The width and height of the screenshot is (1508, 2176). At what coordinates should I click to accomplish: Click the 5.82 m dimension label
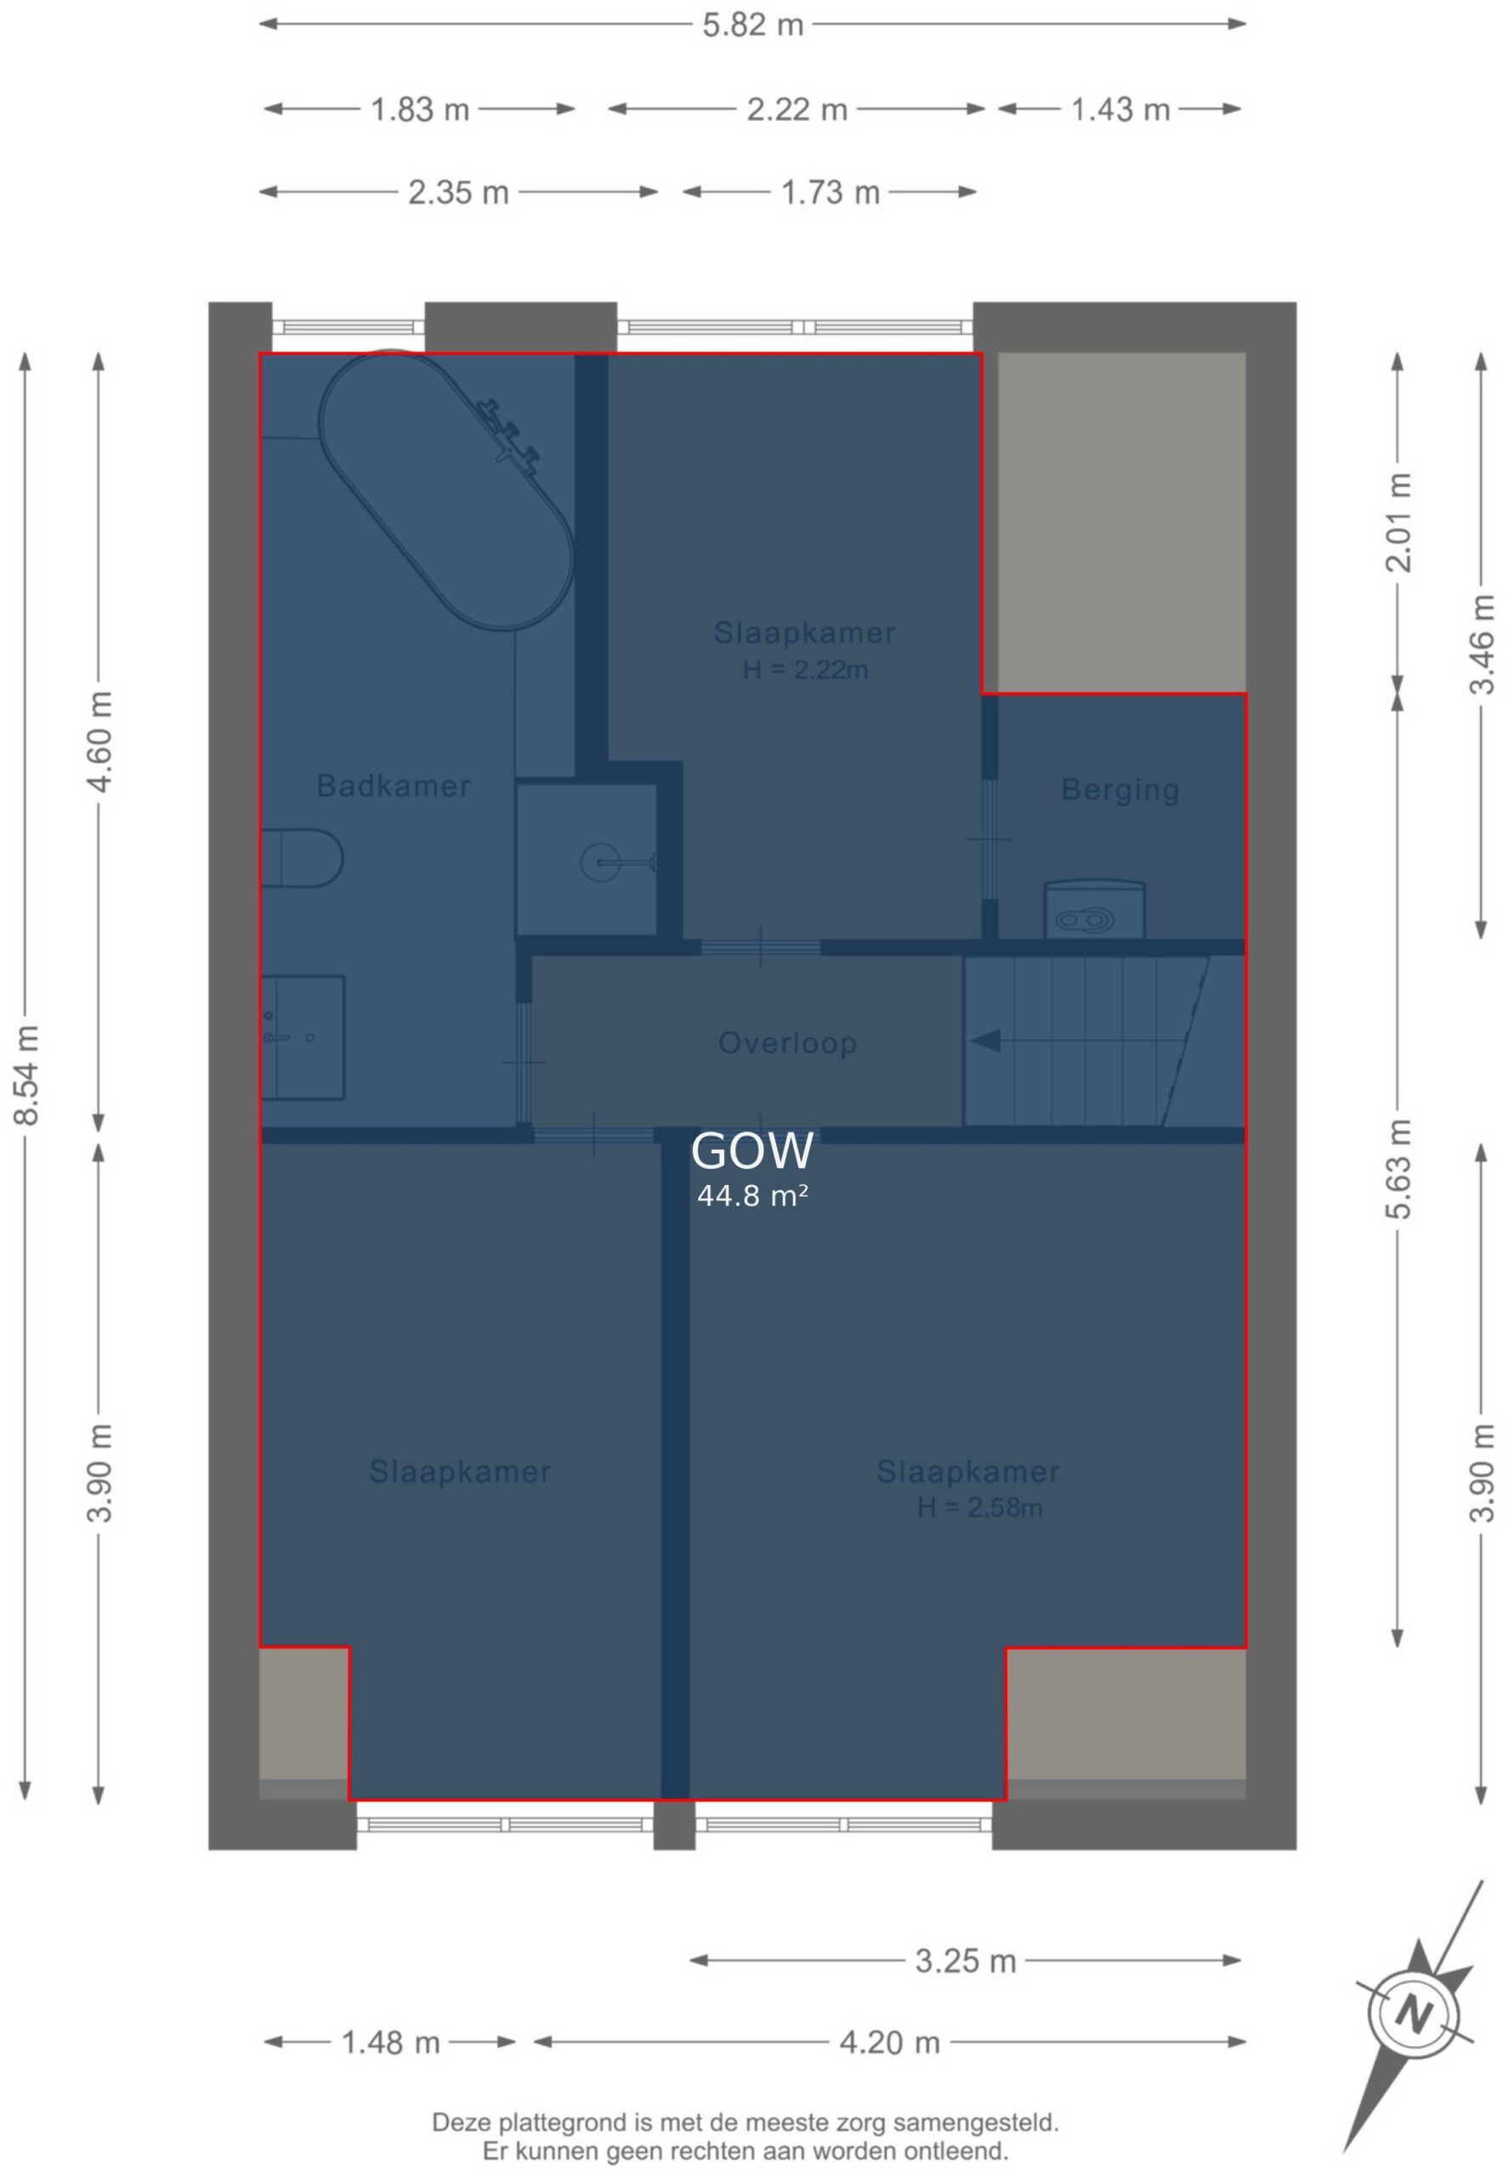coord(752,25)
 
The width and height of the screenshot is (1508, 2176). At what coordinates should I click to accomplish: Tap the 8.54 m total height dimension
coord(26,1074)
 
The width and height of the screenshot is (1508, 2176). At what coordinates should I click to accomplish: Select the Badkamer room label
coord(393,786)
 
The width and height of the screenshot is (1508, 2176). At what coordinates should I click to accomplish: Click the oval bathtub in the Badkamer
coord(446,490)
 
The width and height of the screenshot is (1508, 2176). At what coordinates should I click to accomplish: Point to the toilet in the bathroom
coord(303,858)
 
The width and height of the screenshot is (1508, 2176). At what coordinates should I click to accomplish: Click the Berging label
coord(1120,790)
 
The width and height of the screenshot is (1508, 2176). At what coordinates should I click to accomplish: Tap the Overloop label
coord(788,1043)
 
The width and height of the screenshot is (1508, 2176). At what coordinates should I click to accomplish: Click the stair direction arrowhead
coord(986,1041)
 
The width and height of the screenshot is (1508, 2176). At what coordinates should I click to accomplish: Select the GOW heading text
coord(752,1151)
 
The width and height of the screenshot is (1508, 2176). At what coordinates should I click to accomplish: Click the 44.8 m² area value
coord(752,1196)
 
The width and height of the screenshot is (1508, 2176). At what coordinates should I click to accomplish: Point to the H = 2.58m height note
coord(980,1507)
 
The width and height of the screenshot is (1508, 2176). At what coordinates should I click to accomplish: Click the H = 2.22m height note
coord(805,670)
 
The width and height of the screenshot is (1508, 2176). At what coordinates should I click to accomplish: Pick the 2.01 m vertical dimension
coord(1399,523)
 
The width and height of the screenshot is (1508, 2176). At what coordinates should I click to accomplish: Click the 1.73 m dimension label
coord(830,193)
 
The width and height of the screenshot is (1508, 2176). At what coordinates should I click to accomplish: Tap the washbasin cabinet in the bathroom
coord(303,1038)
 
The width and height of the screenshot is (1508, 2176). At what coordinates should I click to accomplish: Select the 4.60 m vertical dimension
coord(100,744)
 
